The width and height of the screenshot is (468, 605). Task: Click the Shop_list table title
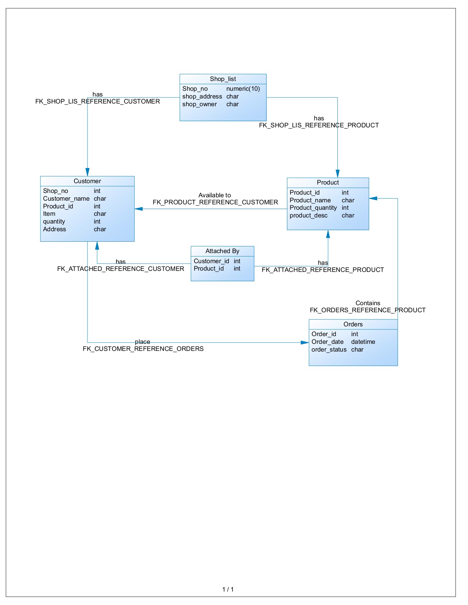click(223, 79)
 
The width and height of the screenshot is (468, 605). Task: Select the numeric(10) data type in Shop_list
click(243, 89)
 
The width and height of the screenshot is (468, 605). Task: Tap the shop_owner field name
click(199, 104)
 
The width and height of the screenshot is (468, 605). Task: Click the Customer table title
click(87, 181)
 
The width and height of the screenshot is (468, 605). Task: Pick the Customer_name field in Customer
click(66, 199)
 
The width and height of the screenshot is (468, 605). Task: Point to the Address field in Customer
click(55, 229)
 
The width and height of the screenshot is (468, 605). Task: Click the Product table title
click(328, 183)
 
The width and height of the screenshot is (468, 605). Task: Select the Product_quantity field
click(313, 208)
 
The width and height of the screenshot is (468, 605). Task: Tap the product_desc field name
click(308, 215)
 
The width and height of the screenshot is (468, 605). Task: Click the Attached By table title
click(222, 251)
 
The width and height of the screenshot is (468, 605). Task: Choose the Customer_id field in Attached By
click(211, 261)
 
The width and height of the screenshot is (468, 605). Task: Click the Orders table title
click(353, 324)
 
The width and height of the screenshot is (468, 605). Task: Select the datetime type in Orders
click(363, 342)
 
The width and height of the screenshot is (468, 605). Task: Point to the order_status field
click(329, 350)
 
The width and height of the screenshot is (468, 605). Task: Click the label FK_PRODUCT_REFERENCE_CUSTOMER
click(215, 202)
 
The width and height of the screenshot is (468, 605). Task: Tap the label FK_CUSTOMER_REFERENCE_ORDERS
click(143, 349)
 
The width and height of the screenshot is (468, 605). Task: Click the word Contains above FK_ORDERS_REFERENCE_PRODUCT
click(368, 303)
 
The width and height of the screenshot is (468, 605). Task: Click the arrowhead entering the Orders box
click(305, 342)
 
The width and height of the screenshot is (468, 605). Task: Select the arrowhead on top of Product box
click(337, 174)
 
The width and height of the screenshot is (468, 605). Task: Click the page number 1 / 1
click(228, 589)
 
